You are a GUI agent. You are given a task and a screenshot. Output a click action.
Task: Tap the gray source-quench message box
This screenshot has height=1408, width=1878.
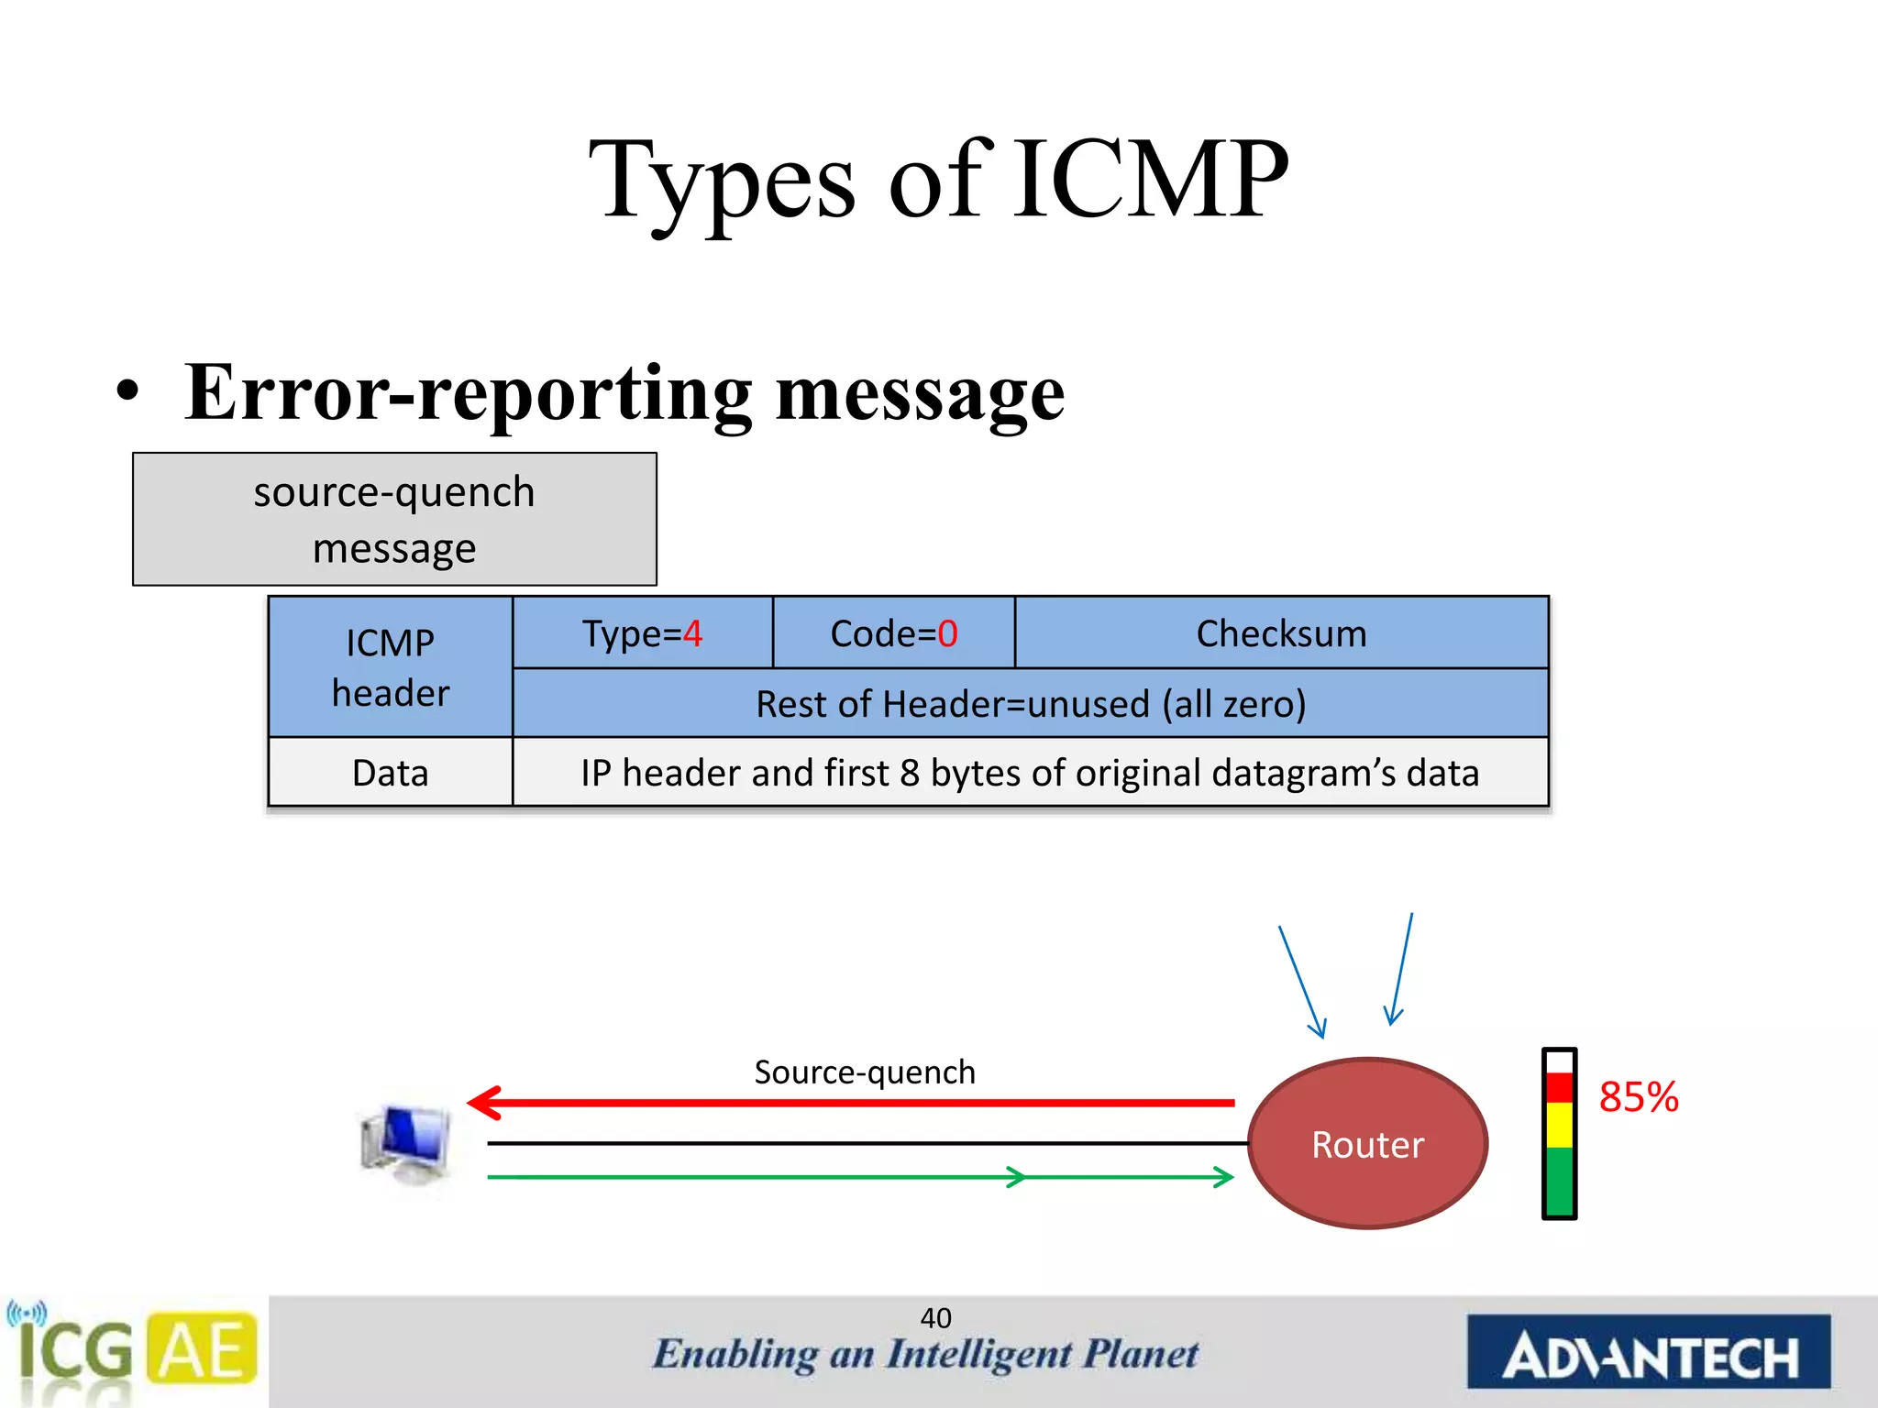pyautogui.click(x=394, y=519)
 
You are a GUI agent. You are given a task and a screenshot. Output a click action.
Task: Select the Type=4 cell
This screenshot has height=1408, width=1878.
pyautogui.click(x=642, y=633)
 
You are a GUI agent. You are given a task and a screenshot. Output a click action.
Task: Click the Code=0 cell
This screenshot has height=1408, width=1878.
pyautogui.click(x=893, y=633)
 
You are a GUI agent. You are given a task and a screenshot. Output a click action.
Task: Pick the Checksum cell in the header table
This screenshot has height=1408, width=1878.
pyautogui.click(x=1281, y=633)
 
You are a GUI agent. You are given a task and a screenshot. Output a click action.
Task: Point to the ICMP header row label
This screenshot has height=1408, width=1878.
pyautogui.click(x=390, y=667)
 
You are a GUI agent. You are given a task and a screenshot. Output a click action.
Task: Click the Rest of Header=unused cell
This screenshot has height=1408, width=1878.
pyautogui.click(x=1030, y=704)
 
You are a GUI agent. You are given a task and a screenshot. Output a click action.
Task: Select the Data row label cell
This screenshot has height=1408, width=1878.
pyautogui.click(x=390, y=773)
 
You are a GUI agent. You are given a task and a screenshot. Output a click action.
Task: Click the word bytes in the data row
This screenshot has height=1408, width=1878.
pyautogui.click(x=975, y=774)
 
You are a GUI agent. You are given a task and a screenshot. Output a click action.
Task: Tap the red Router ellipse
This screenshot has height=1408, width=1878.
pyautogui.click(x=1367, y=1144)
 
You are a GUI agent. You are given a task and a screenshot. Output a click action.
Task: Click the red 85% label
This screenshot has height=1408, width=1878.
pyautogui.click(x=1638, y=1097)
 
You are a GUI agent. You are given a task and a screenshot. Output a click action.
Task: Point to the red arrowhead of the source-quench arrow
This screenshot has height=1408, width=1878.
pyautogui.click(x=484, y=1103)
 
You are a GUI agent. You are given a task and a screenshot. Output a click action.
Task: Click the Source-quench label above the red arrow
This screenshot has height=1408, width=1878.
pyautogui.click(x=864, y=1072)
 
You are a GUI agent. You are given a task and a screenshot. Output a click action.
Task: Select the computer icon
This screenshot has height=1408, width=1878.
pyautogui.click(x=406, y=1144)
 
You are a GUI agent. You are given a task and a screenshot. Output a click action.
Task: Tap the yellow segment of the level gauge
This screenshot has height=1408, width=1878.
pyautogui.click(x=1559, y=1125)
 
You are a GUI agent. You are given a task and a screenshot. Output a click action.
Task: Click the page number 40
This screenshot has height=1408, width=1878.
pyautogui.click(x=935, y=1318)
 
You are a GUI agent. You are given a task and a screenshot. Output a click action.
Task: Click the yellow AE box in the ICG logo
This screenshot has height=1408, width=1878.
pyautogui.click(x=203, y=1348)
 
